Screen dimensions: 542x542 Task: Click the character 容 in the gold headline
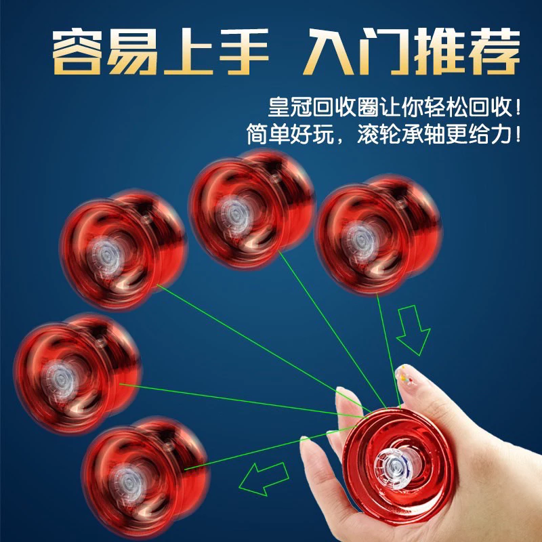pyautogui.click(x=77, y=51)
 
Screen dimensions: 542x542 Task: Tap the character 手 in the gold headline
pyautogui.click(x=244, y=51)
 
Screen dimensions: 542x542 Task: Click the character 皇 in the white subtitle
pyautogui.click(x=278, y=107)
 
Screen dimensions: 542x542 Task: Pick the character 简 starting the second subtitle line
pyautogui.click(x=257, y=134)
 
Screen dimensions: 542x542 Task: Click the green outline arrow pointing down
pyautogui.click(x=413, y=330)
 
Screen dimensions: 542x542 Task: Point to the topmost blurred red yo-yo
pyautogui.click(x=251, y=209)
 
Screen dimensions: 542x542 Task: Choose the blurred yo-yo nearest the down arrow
pyautogui.click(x=379, y=234)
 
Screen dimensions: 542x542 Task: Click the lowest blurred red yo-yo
pyautogui.click(x=145, y=477)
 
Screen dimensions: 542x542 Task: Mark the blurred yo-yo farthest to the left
pyautogui.click(x=77, y=373)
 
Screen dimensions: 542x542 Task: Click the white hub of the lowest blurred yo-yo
pyautogui.click(x=127, y=483)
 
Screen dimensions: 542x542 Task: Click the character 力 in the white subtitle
pyautogui.click(x=501, y=134)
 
